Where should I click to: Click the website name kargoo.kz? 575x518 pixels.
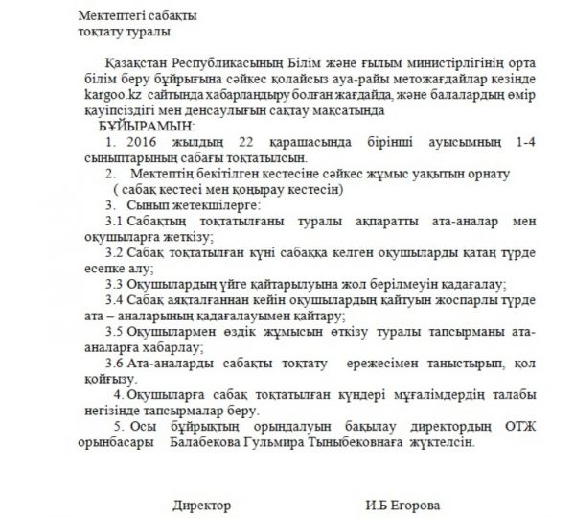pyautogui.click(x=111, y=98)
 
